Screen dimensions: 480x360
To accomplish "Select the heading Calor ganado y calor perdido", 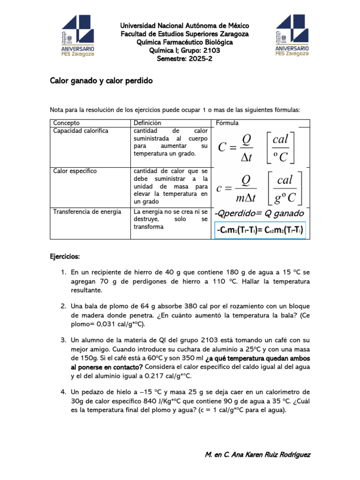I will pos(101,81).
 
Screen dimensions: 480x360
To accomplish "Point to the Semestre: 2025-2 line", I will pos(184,59).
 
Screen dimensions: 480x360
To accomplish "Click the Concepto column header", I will pos(66,123).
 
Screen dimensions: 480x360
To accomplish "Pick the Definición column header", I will pos(147,123).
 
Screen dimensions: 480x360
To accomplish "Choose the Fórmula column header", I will pos(227,123).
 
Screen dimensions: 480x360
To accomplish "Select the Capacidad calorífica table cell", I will pos(81,131).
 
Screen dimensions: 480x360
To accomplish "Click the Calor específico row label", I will pos(75,171).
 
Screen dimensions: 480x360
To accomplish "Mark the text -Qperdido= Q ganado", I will pos(259,214).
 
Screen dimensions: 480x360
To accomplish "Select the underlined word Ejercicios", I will pos(65,257).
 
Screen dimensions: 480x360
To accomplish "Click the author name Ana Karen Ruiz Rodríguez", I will pos(270,455).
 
